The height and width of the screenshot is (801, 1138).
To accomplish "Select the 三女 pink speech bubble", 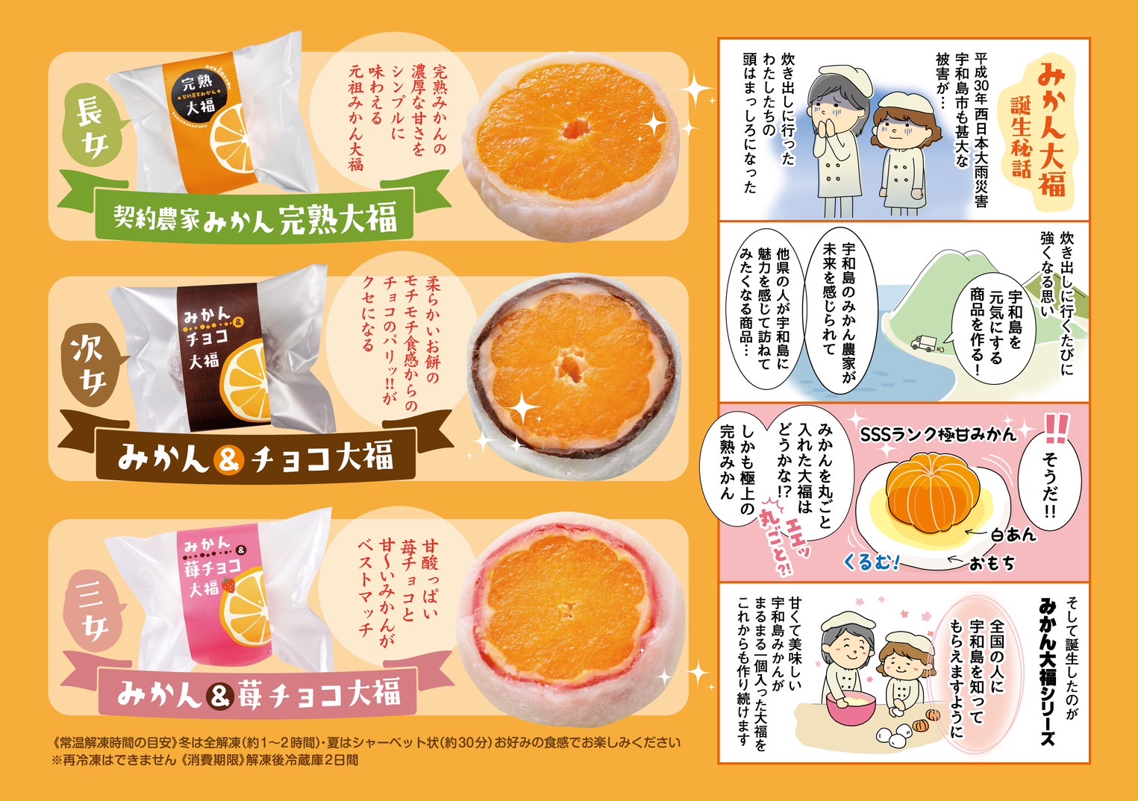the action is pyautogui.click(x=94, y=609).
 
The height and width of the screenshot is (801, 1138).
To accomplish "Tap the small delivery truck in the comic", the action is pyautogui.click(x=923, y=343).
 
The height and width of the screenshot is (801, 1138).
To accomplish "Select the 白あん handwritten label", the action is pyautogui.click(x=1013, y=535).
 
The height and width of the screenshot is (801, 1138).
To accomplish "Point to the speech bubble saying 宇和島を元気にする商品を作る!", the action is pyautogui.click(x=994, y=330).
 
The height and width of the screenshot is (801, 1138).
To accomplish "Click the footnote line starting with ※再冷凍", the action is pyautogui.click(x=205, y=760).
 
